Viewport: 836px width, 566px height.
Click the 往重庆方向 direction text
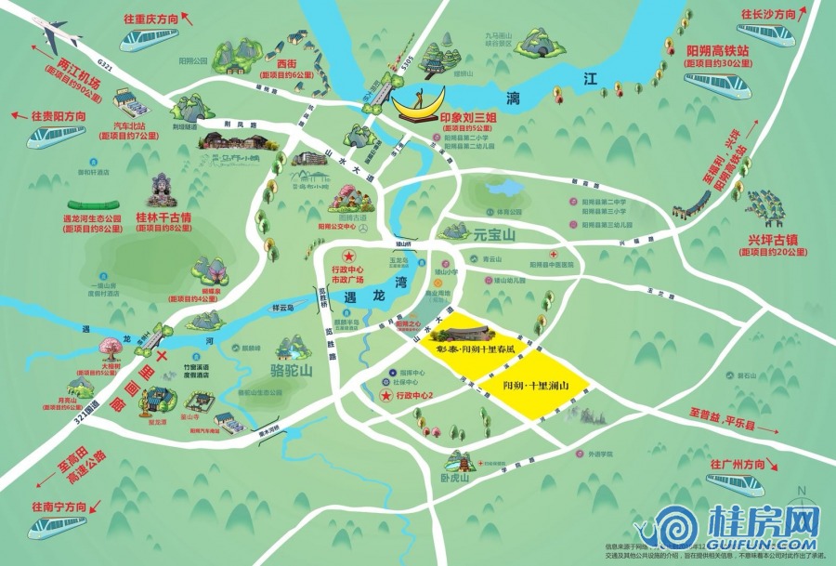(147, 18)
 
